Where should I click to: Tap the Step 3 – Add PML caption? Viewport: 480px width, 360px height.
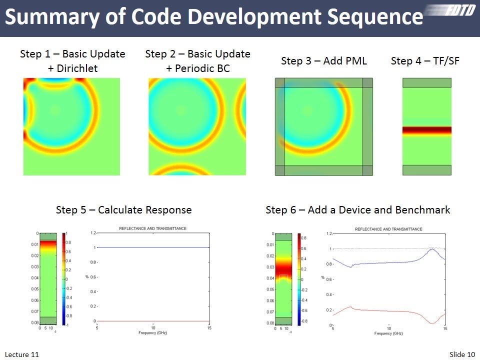[x=324, y=61]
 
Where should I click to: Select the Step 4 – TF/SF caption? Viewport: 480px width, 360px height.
[x=425, y=61]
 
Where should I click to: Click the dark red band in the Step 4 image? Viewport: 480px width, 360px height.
[x=426, y=130]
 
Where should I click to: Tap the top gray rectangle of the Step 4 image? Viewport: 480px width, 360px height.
[x=426, y=82]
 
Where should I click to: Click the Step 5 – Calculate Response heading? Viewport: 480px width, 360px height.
[x=123, y=210]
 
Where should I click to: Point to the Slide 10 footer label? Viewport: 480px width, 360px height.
[x=461, y=354]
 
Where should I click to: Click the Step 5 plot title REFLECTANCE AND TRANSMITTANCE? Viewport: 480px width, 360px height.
[x=152, y=228]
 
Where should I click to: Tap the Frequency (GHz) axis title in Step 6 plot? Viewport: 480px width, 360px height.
[x=388, y=333]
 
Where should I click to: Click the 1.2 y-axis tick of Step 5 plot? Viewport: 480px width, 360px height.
[x=93, y=233]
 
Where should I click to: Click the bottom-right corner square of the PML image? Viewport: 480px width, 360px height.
[x=367, y=170]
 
